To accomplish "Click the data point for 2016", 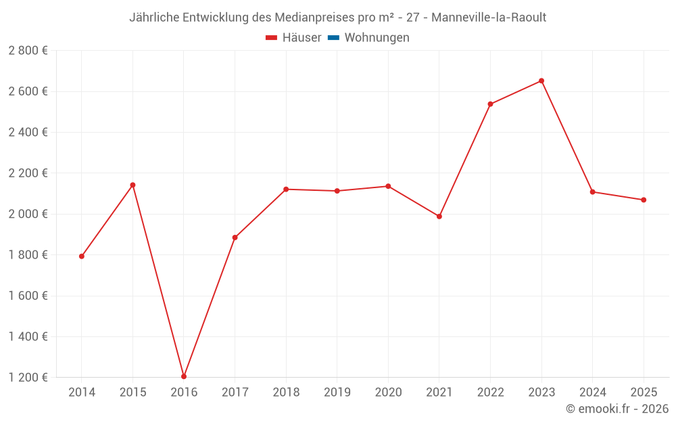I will pos(184,376).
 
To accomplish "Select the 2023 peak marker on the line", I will pos(541,81).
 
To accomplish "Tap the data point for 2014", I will pos(82,257).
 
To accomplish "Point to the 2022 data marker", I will pos(490,104).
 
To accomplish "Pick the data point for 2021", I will pos(439,217).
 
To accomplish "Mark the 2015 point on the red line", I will pos(132,185).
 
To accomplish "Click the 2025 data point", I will pos(644,200).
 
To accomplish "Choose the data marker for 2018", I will pos(286,190).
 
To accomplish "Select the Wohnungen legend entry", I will pos(377,38).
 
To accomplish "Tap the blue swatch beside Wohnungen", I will pos(333,38).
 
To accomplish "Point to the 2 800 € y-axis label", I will pos(28,51).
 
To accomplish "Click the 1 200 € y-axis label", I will pos(28,378).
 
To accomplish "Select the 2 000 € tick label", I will pos(28,214).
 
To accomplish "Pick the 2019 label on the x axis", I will pos(337,393).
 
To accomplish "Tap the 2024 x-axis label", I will pos(592,393).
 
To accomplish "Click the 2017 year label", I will pos(235,393).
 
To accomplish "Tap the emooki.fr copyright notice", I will pos(617,409).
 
